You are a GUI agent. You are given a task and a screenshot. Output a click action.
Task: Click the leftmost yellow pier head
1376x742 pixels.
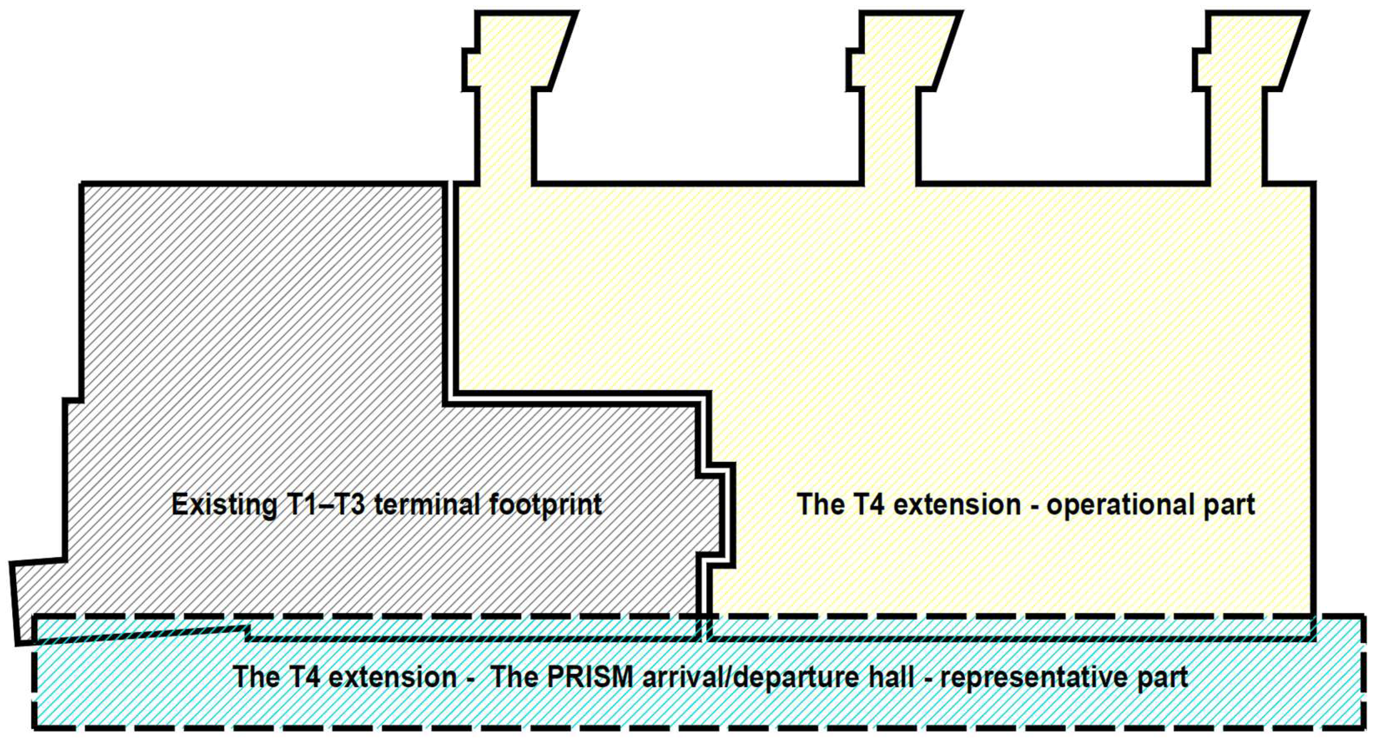pos(518,51)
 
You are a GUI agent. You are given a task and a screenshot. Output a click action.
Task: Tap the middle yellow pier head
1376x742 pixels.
pos(903,51)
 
